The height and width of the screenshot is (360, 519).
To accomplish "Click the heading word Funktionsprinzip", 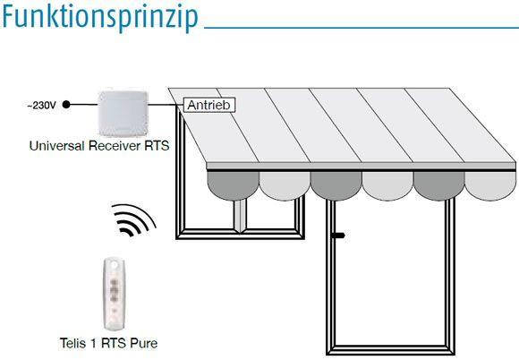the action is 100,17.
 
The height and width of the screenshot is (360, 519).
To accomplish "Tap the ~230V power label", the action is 41,106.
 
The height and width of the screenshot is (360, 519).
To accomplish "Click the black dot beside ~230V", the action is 66,105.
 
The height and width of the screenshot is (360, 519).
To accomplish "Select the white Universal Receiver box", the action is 123,113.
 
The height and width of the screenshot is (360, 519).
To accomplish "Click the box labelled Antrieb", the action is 209,105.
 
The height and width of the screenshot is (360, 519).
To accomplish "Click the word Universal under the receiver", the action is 56,146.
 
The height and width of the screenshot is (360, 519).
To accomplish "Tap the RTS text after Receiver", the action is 157,146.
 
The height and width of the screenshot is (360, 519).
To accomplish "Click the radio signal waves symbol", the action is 133,220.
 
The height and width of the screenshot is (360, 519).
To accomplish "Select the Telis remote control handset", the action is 114,294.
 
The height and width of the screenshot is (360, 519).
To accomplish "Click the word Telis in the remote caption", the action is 73,343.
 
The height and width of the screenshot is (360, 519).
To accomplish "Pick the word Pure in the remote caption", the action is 144,343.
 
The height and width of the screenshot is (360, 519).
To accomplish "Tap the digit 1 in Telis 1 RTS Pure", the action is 93,343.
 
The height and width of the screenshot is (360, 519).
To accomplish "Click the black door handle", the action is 338,236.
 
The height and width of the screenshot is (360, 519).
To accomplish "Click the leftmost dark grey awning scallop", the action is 233,184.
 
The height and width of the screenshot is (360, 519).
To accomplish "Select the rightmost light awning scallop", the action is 490,184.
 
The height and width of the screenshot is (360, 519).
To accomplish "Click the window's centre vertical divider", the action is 240,216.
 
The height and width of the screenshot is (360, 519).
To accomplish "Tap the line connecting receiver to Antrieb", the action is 166,105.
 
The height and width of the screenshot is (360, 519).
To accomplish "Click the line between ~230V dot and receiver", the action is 84,105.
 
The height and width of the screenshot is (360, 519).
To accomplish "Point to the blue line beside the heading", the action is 362,28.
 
